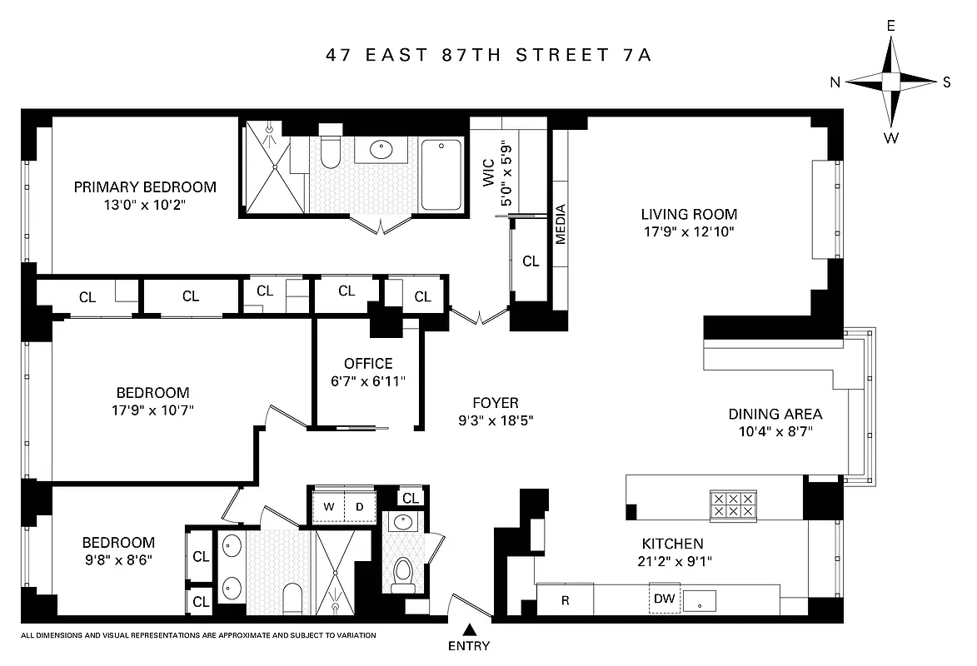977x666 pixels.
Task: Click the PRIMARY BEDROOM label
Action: coord(145,187)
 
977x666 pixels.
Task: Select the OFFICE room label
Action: coord(367,364)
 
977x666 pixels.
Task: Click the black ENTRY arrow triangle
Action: coord(469,630)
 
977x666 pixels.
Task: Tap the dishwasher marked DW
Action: coord(665,599)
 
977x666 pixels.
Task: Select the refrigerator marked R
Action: coord(565,599)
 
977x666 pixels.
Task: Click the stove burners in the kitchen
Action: coord(732,504)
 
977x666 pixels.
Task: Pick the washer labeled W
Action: coord(328,506)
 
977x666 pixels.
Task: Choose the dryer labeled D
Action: coord(360,506)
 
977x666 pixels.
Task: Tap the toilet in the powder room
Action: coord(403,572)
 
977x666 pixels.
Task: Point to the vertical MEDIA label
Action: coord(561,224)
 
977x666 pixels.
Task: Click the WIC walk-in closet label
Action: coord(488,172)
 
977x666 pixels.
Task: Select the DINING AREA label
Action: coord(775,414)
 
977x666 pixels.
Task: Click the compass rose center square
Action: coord(890,82)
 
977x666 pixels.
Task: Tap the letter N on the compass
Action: coord(835,82)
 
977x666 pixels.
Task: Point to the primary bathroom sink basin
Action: coord(381,151)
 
